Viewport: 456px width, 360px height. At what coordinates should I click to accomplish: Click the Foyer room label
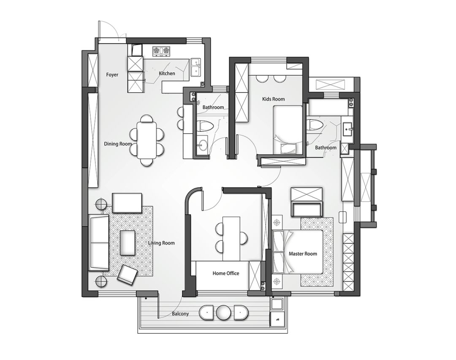112,75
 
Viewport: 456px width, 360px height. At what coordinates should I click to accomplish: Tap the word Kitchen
167,74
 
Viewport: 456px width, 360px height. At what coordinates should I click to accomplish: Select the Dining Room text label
118,144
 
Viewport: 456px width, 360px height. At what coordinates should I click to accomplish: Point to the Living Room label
161,243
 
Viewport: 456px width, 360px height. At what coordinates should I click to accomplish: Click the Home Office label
225,273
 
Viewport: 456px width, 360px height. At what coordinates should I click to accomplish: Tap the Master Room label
303,254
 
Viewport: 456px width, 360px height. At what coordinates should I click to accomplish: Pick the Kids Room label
273,99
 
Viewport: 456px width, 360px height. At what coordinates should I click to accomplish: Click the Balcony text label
180,314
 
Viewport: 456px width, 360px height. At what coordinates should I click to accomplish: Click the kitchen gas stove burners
161,51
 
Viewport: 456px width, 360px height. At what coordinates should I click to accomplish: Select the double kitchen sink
195,68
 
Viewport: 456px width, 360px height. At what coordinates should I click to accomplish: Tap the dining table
146,140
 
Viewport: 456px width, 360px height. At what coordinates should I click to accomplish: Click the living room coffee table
128,243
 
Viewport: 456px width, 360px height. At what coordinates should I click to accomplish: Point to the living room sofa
98,243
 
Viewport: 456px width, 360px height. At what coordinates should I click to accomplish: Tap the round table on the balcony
223,313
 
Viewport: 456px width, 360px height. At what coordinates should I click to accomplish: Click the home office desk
231,239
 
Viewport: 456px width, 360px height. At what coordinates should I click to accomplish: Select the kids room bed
288,130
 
